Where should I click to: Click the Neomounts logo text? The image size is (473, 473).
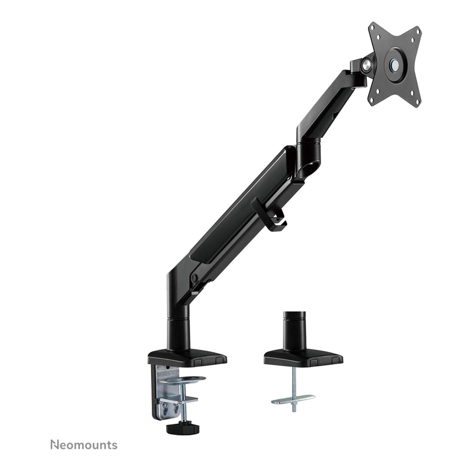84,445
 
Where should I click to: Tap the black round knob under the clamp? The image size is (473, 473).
181,428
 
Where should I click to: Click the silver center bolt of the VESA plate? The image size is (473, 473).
394,64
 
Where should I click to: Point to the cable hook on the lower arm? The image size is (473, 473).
269,215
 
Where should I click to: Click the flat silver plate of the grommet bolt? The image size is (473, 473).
293,399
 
